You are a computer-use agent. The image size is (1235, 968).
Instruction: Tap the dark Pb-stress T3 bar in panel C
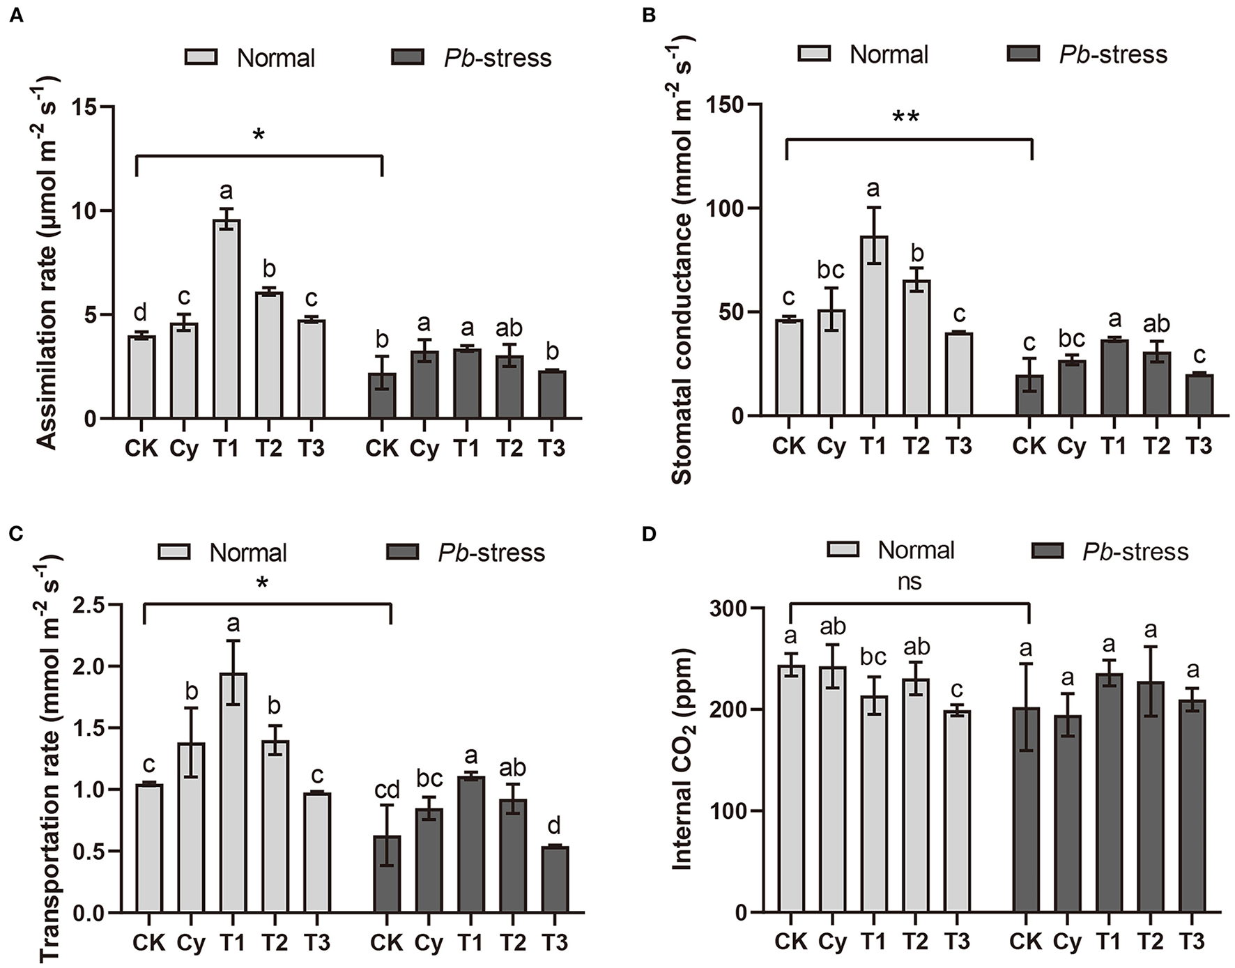pos(555,879)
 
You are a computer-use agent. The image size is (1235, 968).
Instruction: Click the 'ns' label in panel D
pos(909,582)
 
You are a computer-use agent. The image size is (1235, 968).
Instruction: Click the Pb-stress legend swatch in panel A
pos(408,57)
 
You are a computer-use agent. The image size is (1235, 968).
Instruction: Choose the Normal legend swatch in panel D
pos(843,551)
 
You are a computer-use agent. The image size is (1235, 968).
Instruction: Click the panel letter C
pos(16,534)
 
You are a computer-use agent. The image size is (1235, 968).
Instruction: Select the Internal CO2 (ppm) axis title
pos(682,760)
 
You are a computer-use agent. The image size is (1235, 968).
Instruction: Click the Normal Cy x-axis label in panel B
pos(831,445)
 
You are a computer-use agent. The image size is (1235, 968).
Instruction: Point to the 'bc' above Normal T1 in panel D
pos(873,656)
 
